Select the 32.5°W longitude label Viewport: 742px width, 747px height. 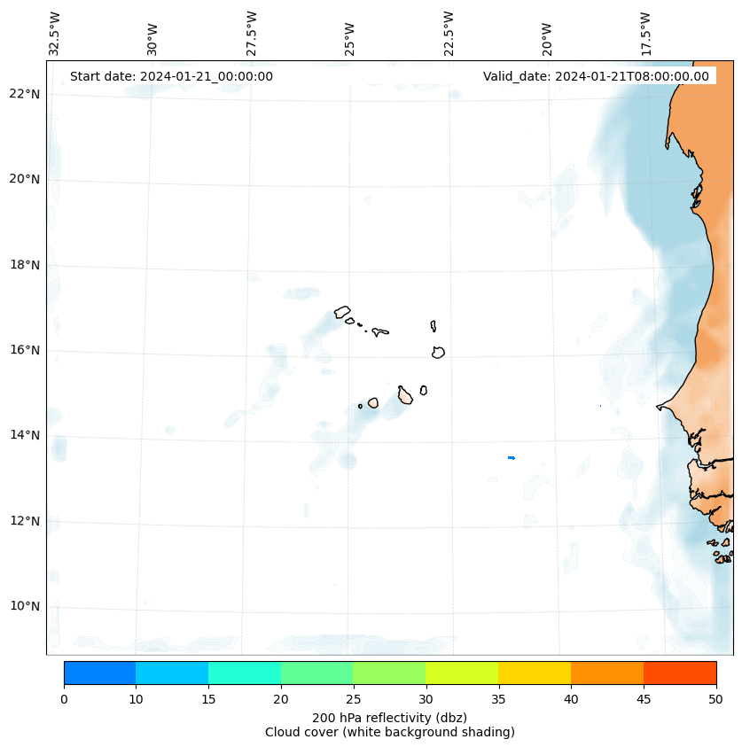coord(55,34)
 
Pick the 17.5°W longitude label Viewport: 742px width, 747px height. coord(646,34)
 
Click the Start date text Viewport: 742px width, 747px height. coord(171,76)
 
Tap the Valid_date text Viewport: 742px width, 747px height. coord(596,76)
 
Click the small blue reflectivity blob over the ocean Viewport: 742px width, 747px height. coord(512,458)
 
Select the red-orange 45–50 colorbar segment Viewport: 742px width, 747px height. coord(680,673)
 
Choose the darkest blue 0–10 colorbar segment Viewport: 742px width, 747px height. coord(99,673)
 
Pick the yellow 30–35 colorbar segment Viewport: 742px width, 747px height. coord(462,673)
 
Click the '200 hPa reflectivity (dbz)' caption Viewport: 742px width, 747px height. coord(389,717)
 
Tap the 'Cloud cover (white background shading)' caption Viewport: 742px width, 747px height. coord(389,732)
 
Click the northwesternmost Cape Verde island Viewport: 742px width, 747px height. coord(342,312)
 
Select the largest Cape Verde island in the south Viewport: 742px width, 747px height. coord(405,395)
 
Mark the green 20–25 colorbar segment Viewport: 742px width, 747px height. coord(316,673)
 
